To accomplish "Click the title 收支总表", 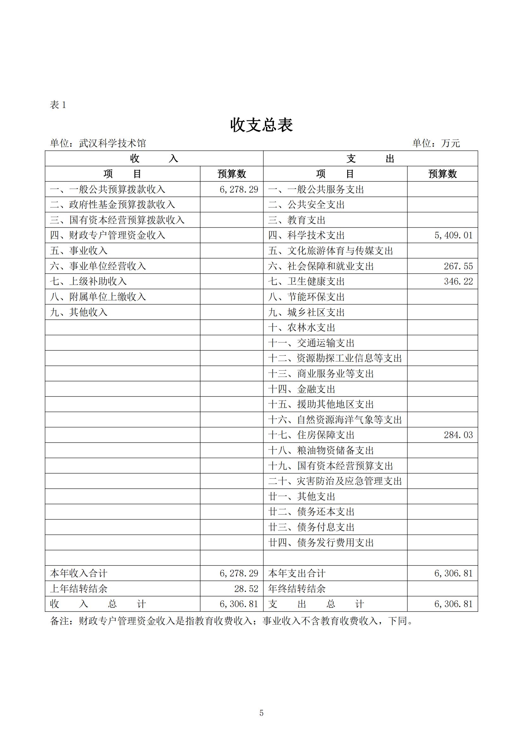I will [x=261, y=125].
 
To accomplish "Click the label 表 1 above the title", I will [x=58, y=105].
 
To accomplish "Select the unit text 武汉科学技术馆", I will [x=112, y=143].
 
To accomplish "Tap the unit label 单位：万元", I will [x=436, y=143].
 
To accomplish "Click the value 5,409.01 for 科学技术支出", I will [x=453, y=235].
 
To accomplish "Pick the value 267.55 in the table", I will [x=458, y=266].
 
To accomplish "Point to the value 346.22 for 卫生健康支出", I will [x=458, y=282].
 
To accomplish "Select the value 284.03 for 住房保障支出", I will [x=458, y=435].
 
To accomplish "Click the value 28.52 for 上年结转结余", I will [x=246, y=589].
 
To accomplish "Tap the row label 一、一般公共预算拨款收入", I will [x=108, y=189].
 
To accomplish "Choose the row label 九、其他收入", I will [x=79, y=312].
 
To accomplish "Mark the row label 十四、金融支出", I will [x=301, y=389].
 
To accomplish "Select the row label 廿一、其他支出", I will [x=301, y=497].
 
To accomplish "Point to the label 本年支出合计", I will [x=297, y=573].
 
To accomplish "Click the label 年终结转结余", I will [x=297, y=589].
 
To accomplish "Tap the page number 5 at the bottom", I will [x=261, y=713].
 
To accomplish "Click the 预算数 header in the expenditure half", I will [x=442, y=174].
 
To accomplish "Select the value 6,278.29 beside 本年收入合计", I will [x=239, y=573].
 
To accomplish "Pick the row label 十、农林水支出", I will [x=301, y=328].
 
